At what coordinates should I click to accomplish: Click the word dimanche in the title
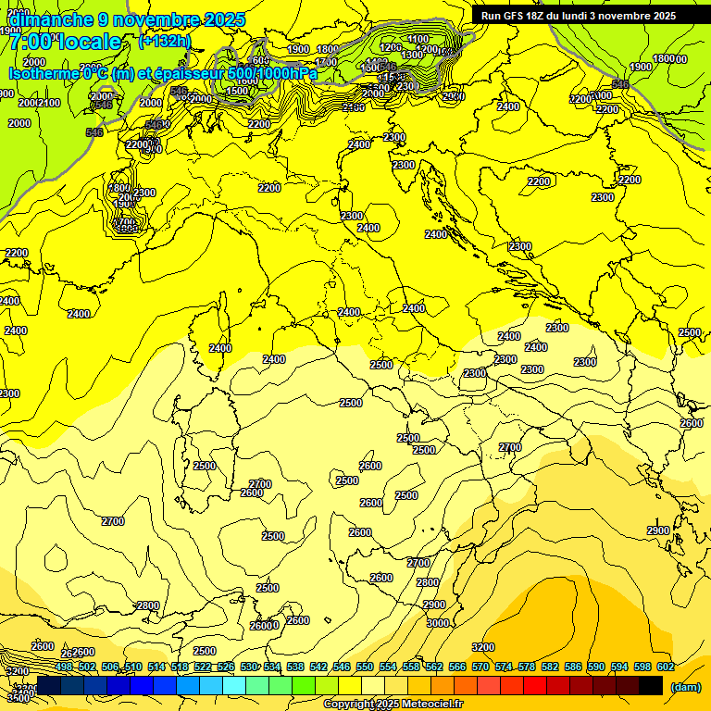coord(52,19)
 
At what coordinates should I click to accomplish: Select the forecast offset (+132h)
coord(164,41)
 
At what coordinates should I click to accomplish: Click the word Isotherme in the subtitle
coord(43,73)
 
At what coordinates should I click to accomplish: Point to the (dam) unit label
coord(684,687)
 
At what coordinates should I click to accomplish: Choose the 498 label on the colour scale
coord(64,667)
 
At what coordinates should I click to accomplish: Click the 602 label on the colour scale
coord(666,667)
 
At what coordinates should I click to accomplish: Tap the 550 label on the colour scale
coord(365,667)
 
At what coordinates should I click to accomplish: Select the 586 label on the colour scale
coord(573,667)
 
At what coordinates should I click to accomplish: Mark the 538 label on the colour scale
coord(295,667)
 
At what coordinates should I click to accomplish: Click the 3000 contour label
coord(437,623)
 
